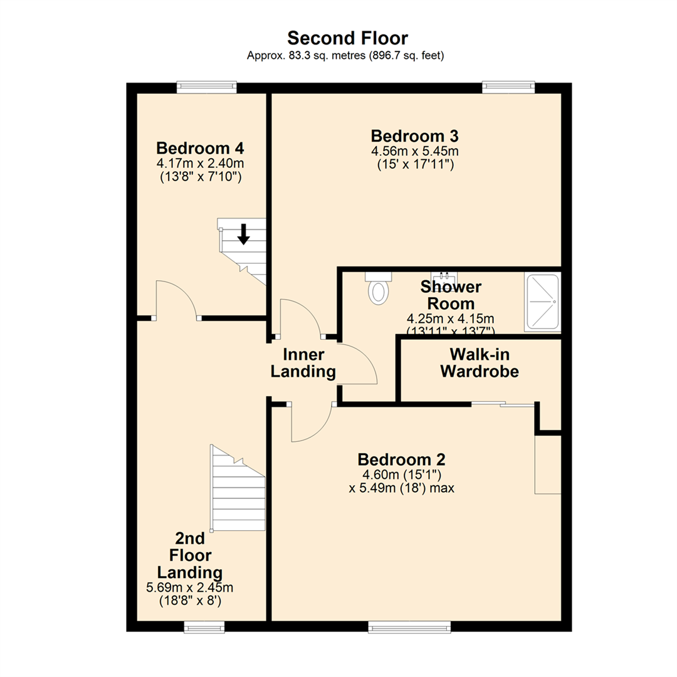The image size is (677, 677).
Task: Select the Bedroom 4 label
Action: [x=200, y=149]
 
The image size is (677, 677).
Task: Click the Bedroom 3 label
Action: [x=414, y=135]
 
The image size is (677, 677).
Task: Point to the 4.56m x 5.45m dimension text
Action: [x=414, y=151]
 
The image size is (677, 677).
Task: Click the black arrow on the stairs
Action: [x=244, y=234]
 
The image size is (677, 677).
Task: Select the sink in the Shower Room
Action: [x=446, y=277]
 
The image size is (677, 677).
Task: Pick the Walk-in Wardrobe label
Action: [x=480, y=362]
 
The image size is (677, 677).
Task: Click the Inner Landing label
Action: [x=303, y=362]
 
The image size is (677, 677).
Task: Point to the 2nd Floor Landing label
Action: [x=189, y=555]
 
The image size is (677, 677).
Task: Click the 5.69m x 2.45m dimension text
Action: [x=189, y=587]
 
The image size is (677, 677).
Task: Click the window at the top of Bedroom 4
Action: [x=206, y=88]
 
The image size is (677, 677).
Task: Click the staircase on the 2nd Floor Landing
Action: [x=237, y=489]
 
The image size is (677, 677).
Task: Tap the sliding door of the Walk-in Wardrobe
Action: [x=504, y=404]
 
